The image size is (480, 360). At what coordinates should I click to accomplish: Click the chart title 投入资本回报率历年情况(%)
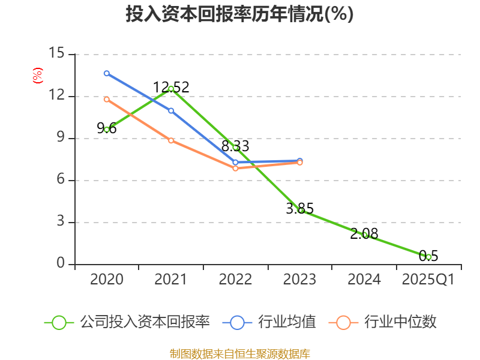[x=239, y=14]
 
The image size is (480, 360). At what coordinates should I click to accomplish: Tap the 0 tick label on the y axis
[x=61, y=264]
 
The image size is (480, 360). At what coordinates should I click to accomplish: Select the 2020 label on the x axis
[x=107, y=280]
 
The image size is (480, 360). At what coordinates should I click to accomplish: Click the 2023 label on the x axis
[x=299, y=280]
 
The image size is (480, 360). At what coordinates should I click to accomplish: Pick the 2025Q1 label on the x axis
[x=428, y=280]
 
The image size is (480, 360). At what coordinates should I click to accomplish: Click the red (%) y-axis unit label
[x=38, y=76]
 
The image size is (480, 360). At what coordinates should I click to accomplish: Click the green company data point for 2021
[x=171, y=89]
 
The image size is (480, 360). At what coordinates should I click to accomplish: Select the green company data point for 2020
[x=107, y=130]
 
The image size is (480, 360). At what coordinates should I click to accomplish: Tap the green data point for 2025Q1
[x=428, y=257]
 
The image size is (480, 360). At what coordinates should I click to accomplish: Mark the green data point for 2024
[x=364, y=235]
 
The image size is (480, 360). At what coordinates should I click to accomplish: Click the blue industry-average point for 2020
[x=107, y=73]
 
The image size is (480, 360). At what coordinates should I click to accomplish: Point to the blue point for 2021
[x=171, y=111]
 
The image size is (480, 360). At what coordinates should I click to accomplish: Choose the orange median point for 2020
[x=107, y=99]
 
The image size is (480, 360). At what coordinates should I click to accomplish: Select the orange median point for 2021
[x=171, y=140]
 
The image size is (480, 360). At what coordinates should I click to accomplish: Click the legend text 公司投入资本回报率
[x=145, y=322]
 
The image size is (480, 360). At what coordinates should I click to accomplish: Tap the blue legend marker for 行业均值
[x=238, y=322]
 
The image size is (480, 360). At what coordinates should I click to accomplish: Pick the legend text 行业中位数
[x=400, y=322]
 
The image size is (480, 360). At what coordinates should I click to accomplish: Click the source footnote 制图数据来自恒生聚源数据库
[x=239, y=353]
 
